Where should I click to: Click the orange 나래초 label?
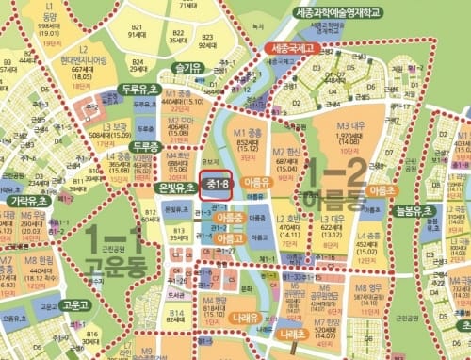point(292,334)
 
